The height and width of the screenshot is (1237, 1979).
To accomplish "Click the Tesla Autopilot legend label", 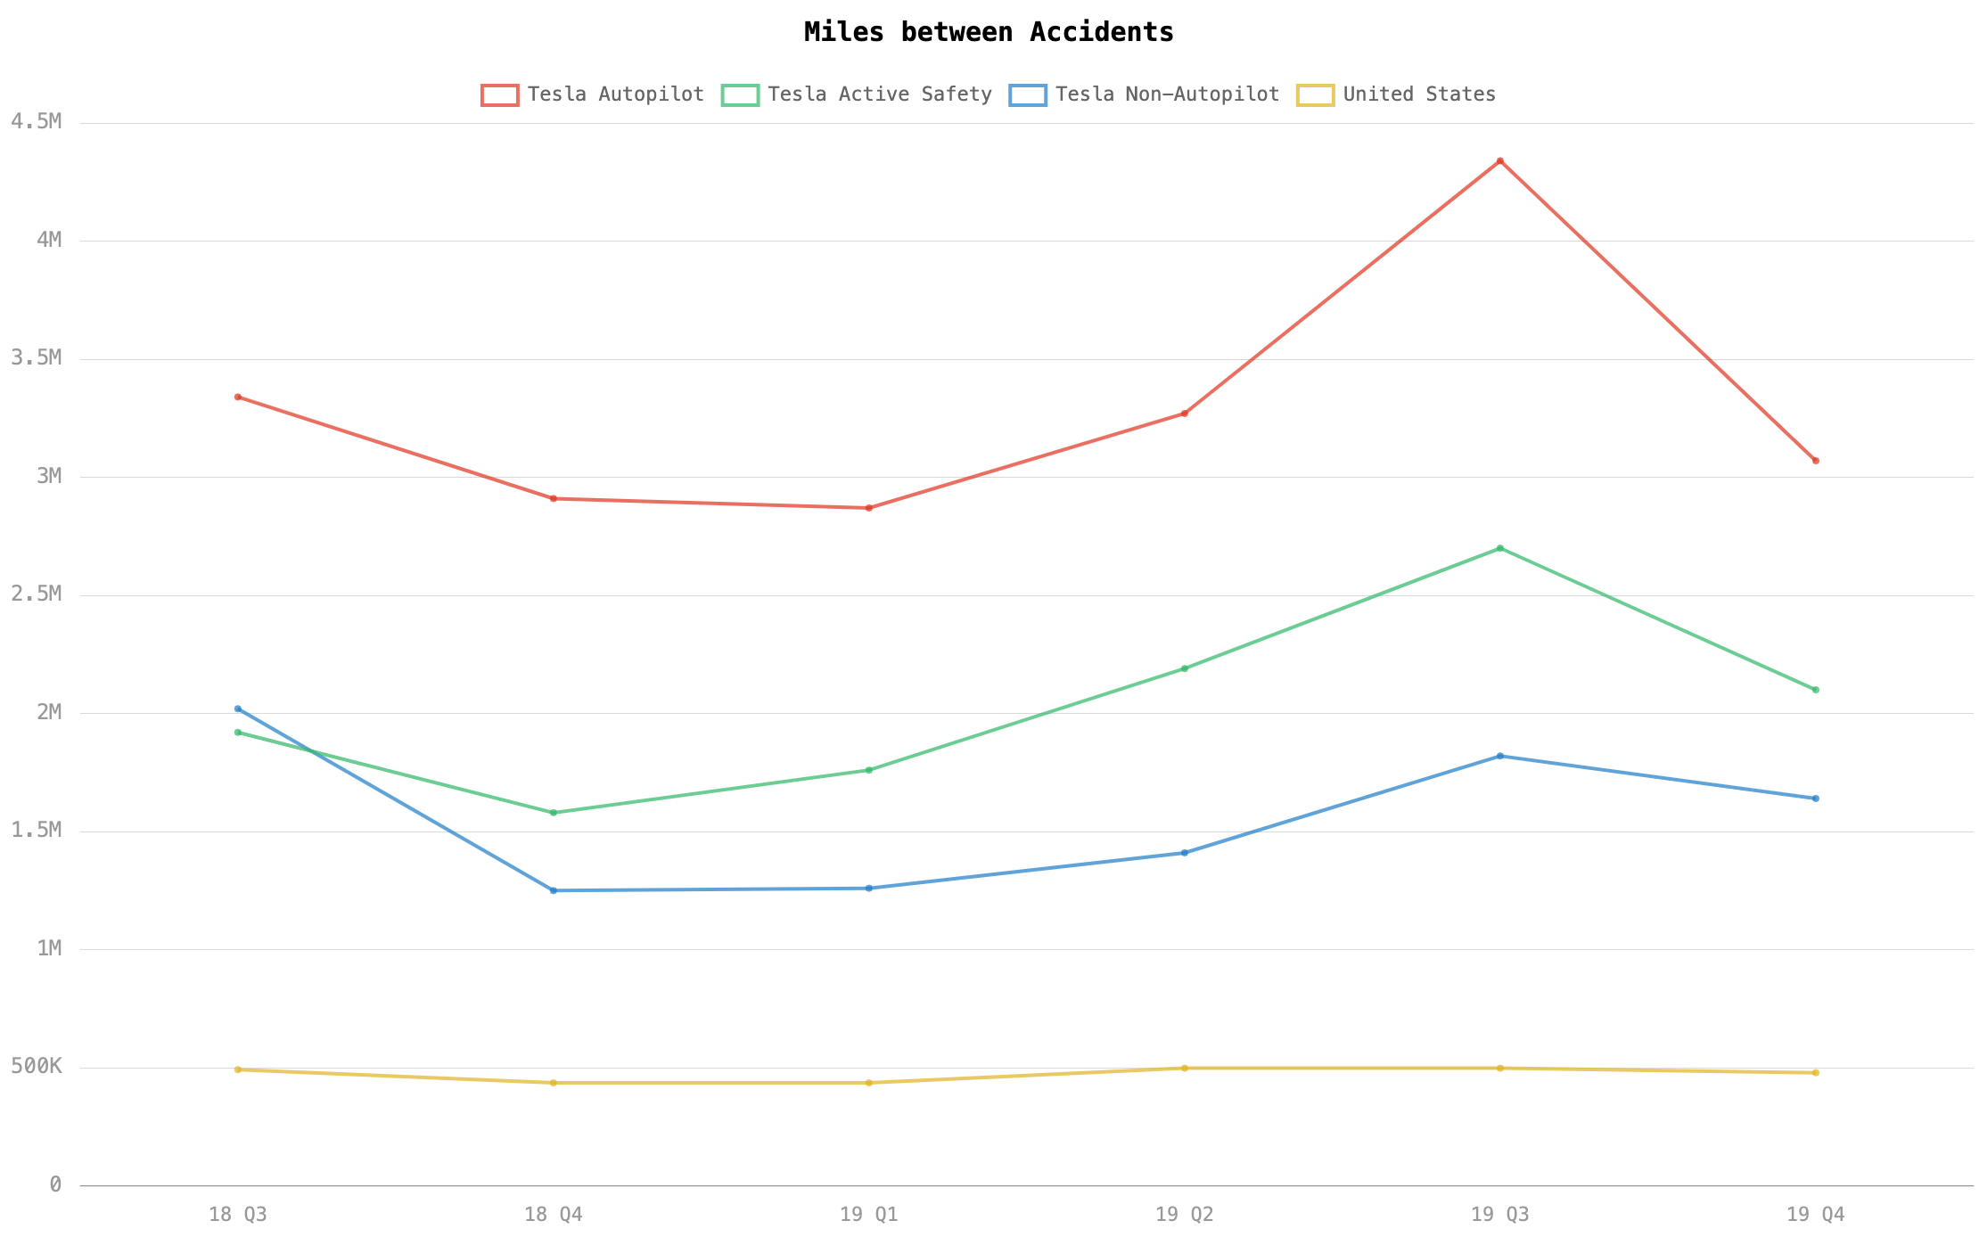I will tap(615, 94).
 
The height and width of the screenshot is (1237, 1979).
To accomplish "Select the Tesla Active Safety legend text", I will tap(879, 94).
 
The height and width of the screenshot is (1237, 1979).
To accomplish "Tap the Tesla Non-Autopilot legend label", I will tap(1167, 94).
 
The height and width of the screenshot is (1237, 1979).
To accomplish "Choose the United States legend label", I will tap(1419, 94).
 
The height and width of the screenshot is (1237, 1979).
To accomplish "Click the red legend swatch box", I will tap(499, 95).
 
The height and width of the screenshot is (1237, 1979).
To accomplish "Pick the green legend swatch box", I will tap(740, 95).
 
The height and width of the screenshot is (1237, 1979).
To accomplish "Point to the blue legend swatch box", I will tap(1028, 95).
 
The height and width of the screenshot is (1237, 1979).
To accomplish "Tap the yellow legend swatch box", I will tap(1315, 95).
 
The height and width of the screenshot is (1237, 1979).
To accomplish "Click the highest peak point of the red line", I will tap(1500, 161).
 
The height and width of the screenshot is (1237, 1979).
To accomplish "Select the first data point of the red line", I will tap(237, 397).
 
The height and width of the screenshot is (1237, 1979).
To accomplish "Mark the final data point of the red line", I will tap(1816, 461).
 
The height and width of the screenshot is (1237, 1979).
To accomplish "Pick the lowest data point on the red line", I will tap(869, 508).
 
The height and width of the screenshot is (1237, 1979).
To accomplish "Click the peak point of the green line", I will tap(1500, 548).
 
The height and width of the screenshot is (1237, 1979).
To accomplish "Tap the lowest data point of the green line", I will tap(554, 813).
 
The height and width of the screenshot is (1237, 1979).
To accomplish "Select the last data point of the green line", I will tap(1816, 690).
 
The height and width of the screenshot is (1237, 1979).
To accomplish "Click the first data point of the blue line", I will tap(237, 709).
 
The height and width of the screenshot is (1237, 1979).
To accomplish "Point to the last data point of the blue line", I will tap(1816, 799).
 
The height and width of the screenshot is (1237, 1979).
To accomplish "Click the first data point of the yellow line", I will tap(237, 1069).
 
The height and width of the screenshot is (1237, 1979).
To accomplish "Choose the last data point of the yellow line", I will tap(1816, 1073).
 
